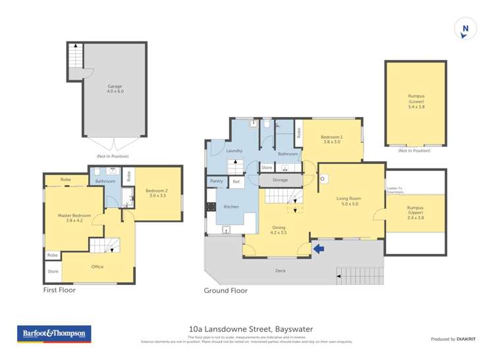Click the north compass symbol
coord(466,29)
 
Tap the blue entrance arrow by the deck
coord(319,248)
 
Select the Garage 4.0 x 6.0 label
coord(115,89)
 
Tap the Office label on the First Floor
coord(97,267)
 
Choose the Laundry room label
coord(234,151)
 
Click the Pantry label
coord(217,181)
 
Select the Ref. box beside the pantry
coord(236,181)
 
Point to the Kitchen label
coord(231,207)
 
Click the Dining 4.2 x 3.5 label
coord(279,230)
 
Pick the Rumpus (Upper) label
coord(416,212)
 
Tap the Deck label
coord(280,270)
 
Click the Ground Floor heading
coord(225,290)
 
